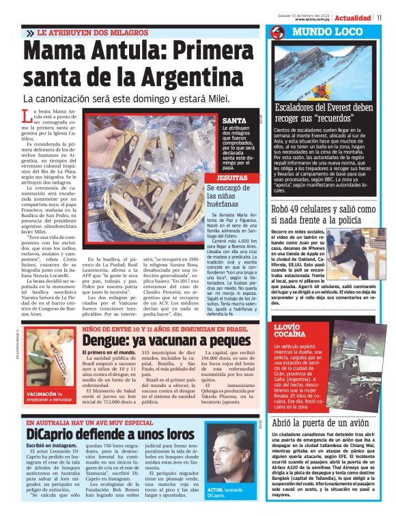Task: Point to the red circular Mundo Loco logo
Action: click(x=277, y=33)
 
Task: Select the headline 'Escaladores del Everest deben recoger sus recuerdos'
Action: click(x=324, y=113)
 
